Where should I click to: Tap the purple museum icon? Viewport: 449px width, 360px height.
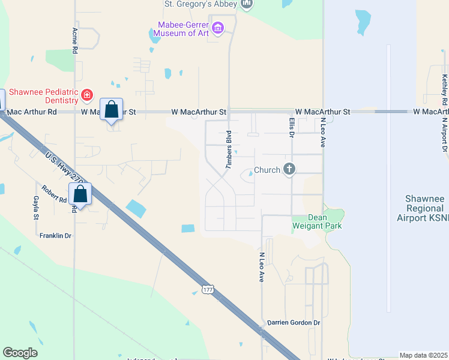pos(218,28)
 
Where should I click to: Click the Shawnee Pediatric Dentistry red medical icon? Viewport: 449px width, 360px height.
pos(87,95)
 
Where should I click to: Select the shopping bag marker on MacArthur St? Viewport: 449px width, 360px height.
pos(111,110)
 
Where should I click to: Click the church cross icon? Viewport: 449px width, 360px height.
pos(289,169)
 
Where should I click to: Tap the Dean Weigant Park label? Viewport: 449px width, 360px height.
pos(316,221)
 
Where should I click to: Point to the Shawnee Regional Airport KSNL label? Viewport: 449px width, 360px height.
pos(425,208)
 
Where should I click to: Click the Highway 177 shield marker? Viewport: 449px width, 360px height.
pos(208,289)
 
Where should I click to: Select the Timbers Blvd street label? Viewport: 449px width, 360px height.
pos(229,149)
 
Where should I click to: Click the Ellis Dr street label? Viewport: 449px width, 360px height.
pos(292,127)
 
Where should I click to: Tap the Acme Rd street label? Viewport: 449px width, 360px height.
pos(75,41)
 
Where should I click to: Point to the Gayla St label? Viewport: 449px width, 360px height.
pos(37,208)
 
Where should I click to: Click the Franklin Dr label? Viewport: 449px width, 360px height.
pos(55,236)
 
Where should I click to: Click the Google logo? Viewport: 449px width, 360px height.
pos(20,353)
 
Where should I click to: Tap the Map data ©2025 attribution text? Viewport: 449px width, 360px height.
pos(423,355)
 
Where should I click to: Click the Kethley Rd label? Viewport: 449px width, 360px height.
pos(444,90)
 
